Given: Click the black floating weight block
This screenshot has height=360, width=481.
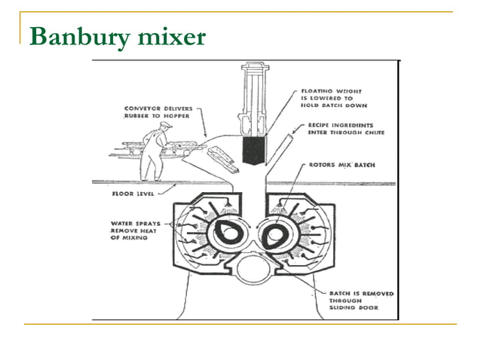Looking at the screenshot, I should [253, 151].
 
